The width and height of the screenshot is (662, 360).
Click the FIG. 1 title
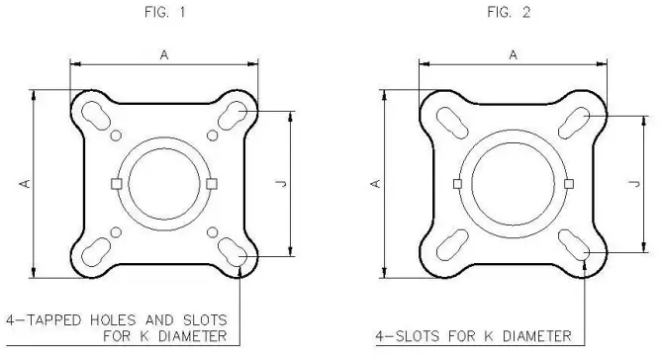(163, 16)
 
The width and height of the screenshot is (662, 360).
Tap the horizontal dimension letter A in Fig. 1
(163, 56)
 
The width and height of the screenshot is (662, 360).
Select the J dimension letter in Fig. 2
(633, 184)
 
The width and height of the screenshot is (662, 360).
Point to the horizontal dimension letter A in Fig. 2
(512, 56)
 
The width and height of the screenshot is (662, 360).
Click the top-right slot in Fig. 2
(576, 122)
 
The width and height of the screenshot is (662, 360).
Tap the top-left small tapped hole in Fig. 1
(116, 135)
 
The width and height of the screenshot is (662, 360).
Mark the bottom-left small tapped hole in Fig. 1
(116, 232)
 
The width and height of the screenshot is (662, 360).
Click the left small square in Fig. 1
(116, 184)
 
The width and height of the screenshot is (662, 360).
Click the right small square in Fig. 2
(568, 184)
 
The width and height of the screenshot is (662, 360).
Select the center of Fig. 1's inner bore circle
(164, 184)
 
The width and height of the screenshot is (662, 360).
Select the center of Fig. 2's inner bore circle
(512, 184)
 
